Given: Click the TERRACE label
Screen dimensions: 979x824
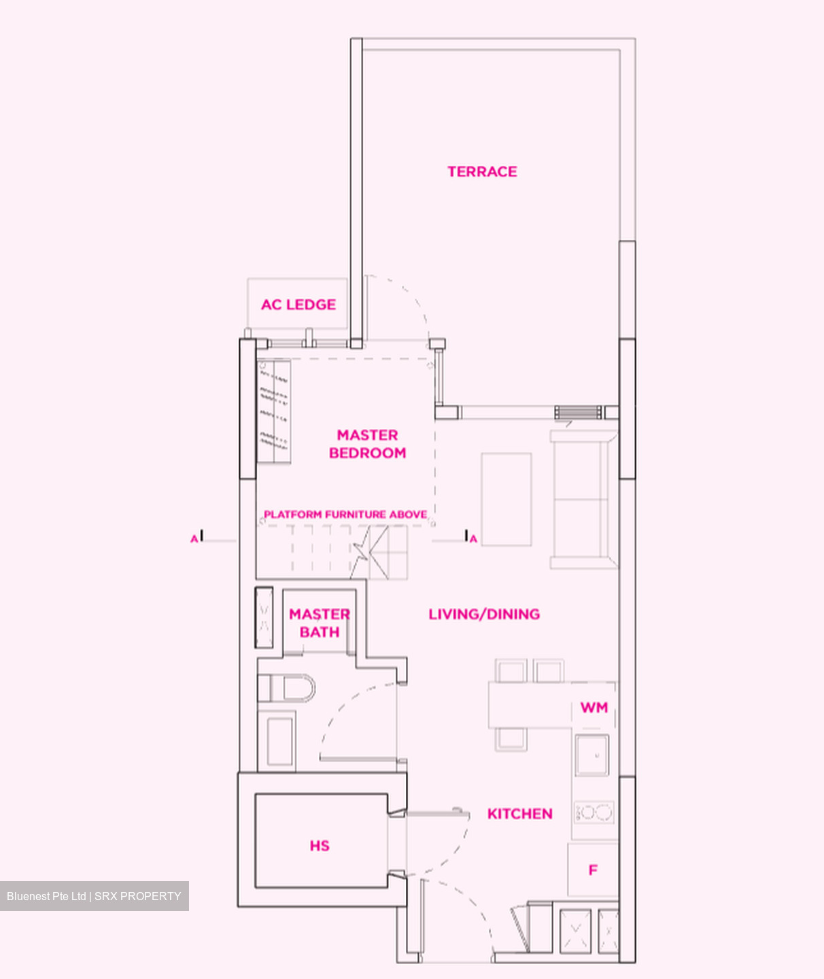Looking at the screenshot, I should (482, 171).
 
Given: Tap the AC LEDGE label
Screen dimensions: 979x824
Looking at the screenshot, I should (298, 305).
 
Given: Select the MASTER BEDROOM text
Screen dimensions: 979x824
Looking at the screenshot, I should (367, 444).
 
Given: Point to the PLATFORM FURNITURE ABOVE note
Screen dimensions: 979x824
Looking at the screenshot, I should (345, 515).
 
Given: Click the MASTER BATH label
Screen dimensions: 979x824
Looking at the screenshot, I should (320, 623).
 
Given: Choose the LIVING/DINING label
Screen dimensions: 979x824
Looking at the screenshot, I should (484, 614).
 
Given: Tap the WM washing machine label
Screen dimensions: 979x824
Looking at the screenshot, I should (594, 708).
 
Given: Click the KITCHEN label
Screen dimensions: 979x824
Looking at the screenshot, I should (519, 814).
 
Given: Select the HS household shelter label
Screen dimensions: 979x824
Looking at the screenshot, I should (320, 846).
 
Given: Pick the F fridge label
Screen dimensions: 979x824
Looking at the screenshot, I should (593, 870).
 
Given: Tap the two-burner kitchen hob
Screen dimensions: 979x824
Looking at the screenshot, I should (594, 812).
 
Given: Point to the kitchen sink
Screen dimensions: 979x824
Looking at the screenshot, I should (592, 755).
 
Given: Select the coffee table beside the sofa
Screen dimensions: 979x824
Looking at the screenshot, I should (507, 500).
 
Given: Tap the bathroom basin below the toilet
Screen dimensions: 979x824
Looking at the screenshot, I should (279, 740).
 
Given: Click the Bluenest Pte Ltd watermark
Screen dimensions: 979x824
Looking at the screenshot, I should (95, 896).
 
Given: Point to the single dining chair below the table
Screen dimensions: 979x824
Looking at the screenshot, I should (511, 738).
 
